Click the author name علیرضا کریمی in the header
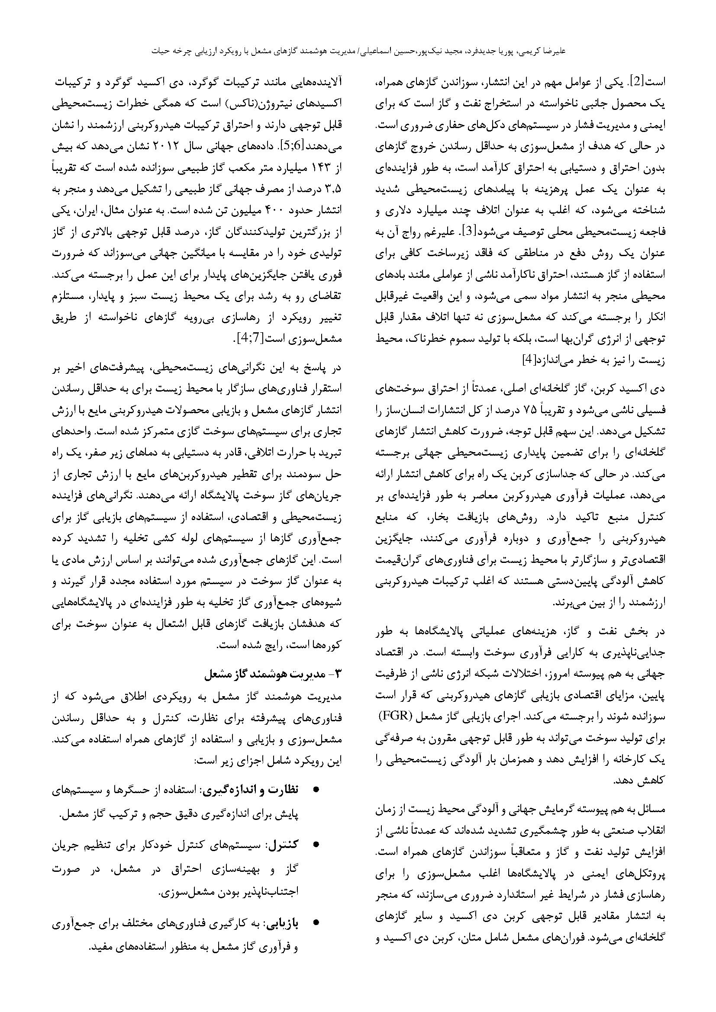click(x=545, y=51)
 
